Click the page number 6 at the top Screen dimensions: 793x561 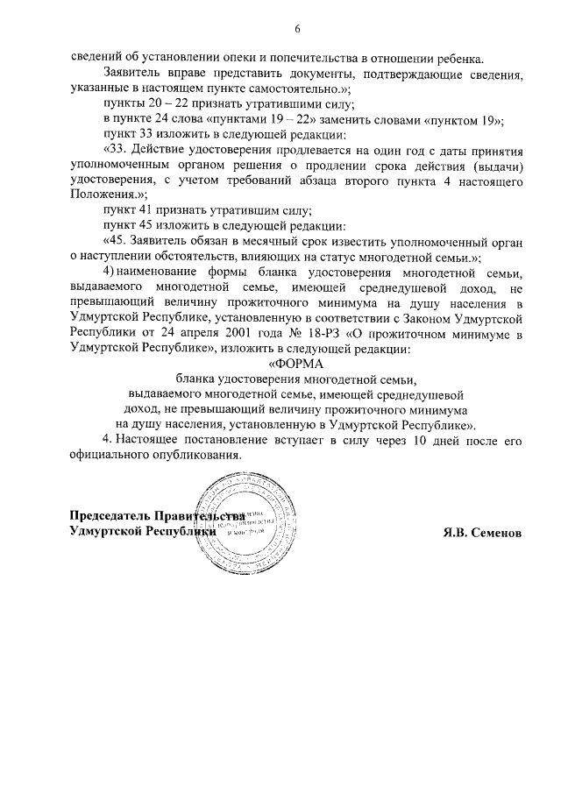pos(297,29)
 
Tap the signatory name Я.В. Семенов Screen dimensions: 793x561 pos(482,532)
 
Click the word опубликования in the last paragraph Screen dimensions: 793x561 pos(195,455)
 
